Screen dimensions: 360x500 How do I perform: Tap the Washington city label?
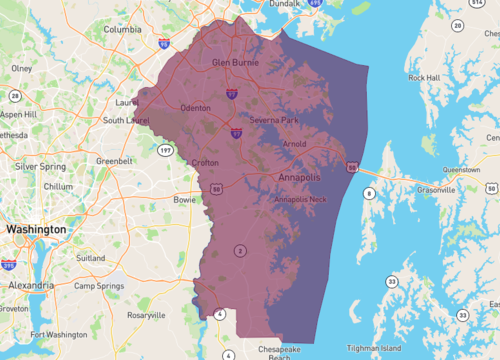pos(35,229)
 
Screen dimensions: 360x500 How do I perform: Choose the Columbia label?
pos(123,29)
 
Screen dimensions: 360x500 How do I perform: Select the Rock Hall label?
pos(423,77)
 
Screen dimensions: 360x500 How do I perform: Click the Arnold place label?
pos(295,144)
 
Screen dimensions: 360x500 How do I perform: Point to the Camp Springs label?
pos(97,285)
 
